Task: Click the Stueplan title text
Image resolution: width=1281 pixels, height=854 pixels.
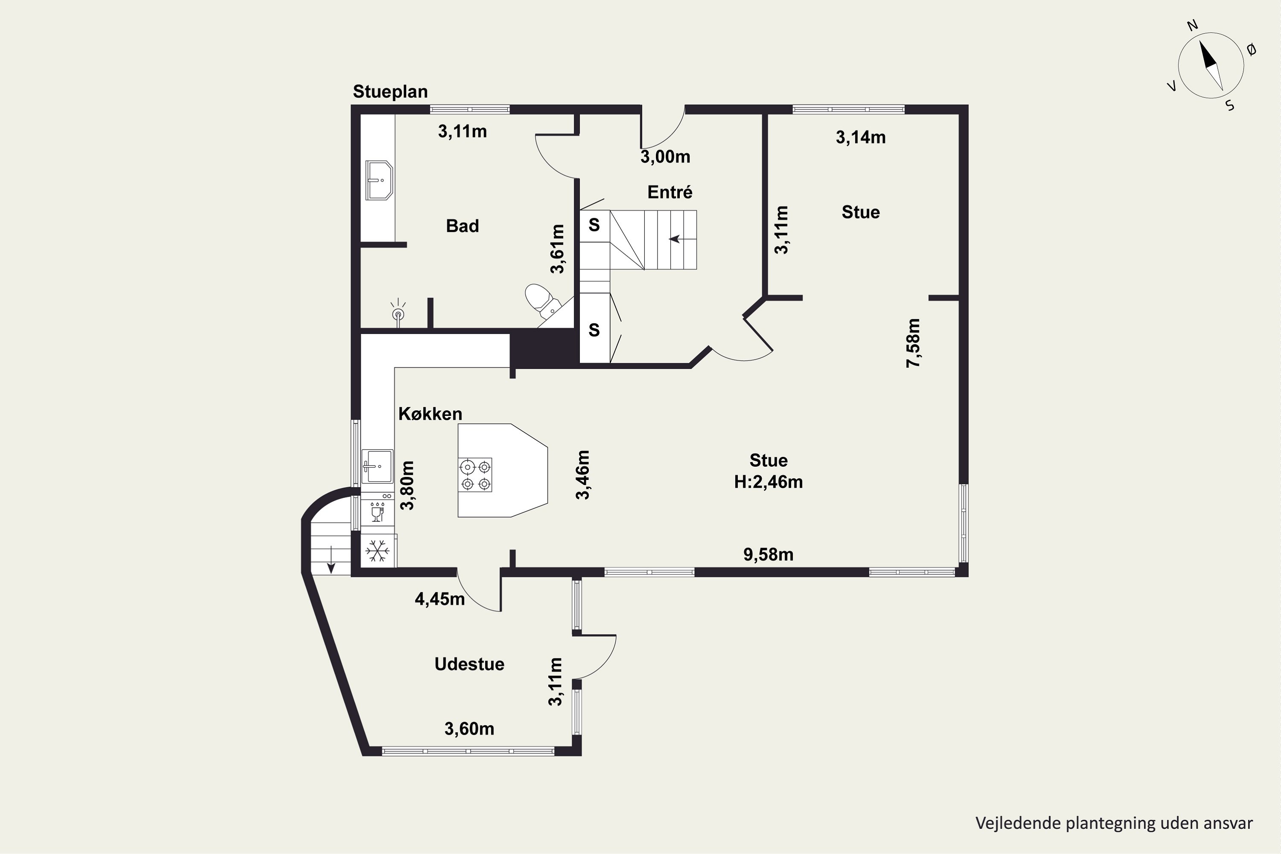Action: pyautogui.click(x=390, y=91)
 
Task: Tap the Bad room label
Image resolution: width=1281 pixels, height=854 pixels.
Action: pyautogui.click(x=462, y=226)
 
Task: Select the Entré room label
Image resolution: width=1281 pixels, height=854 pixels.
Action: pyautogui.click(x=670, y=192)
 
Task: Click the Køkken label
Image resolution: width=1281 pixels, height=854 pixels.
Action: pyautogui.click(x=430, y=414)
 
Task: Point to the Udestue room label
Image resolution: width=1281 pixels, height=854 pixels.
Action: pyautogui.click(x=469, y=664)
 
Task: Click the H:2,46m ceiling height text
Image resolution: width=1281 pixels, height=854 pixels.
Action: pyautogui.click(x=769, y=482)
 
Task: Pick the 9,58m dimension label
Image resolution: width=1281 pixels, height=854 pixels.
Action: pyautogui.click(x=769, y=554)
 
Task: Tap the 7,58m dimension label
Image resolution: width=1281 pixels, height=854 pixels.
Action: pyautogui.click(x=913, y=343)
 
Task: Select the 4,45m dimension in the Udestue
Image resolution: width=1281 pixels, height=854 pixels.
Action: pyautogui.click(x=440, y=599)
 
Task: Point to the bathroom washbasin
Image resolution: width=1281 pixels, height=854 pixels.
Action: pyautogui.click(x=379, y=180)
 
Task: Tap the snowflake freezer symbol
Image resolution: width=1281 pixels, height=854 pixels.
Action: pyautogui.click(x=377, y=551)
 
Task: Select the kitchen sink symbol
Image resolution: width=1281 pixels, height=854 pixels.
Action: pyautogui.click(x=377, y=466)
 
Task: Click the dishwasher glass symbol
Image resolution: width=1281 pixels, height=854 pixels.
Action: pyautogui.click(x=377, y=512)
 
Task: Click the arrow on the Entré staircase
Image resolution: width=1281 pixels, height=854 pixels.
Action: pyautogui.click(x=676, y=239)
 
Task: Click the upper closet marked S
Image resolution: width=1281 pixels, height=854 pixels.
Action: pyautogui.click(x=594, y=225)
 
